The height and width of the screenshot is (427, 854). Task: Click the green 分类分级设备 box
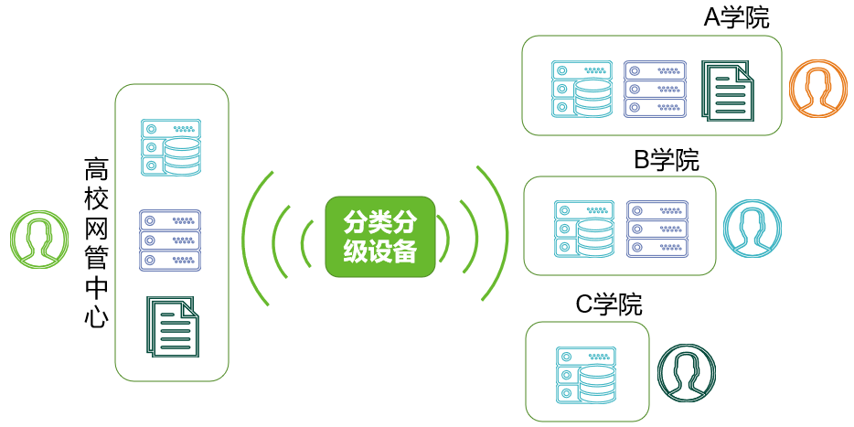380,237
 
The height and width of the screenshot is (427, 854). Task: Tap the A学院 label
736,18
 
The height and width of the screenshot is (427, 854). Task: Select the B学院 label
667,160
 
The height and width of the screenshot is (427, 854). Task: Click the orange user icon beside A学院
817,90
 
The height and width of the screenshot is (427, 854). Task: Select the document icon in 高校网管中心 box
173,326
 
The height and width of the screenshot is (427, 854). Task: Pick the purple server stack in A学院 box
655,89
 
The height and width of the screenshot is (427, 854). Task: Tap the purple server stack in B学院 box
657,229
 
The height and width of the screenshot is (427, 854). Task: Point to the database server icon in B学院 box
584,229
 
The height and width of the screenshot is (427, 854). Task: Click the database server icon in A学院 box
582,89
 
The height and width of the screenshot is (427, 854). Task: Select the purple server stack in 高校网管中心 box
170,240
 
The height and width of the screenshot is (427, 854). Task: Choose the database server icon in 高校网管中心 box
171,147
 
